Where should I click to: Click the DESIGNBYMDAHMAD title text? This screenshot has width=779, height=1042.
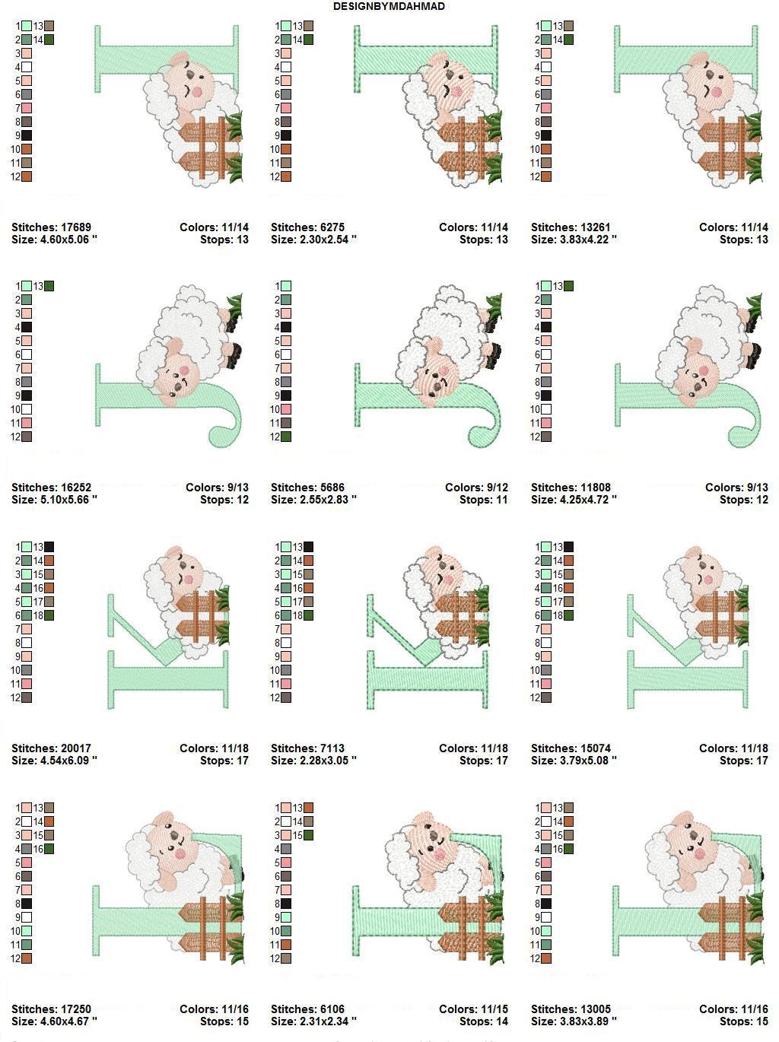(389, 6)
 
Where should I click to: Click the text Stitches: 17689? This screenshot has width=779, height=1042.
(51, 227)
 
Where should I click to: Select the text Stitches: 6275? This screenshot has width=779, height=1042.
(307, 227)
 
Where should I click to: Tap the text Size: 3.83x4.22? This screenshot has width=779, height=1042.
(574, 240)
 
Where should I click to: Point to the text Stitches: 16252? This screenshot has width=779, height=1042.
(51, 488)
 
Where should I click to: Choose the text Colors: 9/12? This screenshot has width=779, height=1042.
(477, 488)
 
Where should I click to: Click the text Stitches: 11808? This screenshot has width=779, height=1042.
(571, 488)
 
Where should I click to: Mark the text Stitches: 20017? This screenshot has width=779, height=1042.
(51, 748)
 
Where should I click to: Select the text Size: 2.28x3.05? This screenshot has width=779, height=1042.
(313, 761)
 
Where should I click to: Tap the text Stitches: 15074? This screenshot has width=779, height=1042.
(571, 748)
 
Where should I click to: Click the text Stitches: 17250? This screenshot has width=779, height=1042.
(51, 1009)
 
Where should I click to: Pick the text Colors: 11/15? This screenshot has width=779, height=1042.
(473, 1009)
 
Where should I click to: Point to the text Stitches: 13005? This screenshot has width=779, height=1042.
(571, 1009)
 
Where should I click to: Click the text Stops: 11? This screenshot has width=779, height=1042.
(483, 500)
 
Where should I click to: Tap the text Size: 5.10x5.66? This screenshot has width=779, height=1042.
(54, 500)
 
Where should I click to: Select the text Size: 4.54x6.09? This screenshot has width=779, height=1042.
(54, 761)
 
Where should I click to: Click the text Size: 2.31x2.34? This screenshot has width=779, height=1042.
(313, 1021)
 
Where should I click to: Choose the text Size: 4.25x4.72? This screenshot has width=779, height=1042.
(574, 500)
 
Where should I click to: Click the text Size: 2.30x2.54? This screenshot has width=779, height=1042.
(313, 240)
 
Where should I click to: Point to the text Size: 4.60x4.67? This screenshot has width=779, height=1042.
(54, 1021)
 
